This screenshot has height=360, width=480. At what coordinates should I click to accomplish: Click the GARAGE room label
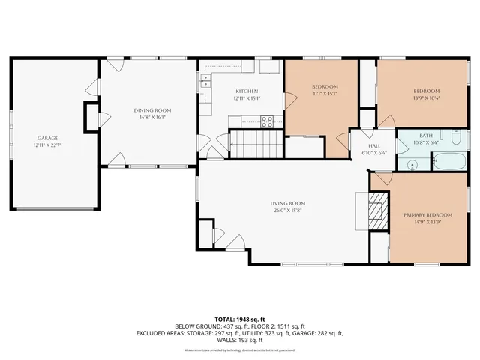pos(48,138)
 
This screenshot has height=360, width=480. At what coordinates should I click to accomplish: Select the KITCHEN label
pos(246,91)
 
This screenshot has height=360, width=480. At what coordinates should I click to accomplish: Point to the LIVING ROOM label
pos(288,203)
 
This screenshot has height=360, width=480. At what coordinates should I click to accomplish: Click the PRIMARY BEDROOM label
pos(425,215)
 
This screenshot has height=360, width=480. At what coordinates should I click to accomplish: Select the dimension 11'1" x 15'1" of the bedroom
pos(325,94)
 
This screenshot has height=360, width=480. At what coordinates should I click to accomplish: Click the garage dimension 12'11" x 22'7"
pos(48,145)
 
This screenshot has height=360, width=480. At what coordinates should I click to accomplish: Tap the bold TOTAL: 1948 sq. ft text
pos(239,319)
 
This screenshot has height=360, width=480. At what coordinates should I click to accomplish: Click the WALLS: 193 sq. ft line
pos(239,340)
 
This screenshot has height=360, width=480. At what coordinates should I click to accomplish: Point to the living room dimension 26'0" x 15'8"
pos(288,211)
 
